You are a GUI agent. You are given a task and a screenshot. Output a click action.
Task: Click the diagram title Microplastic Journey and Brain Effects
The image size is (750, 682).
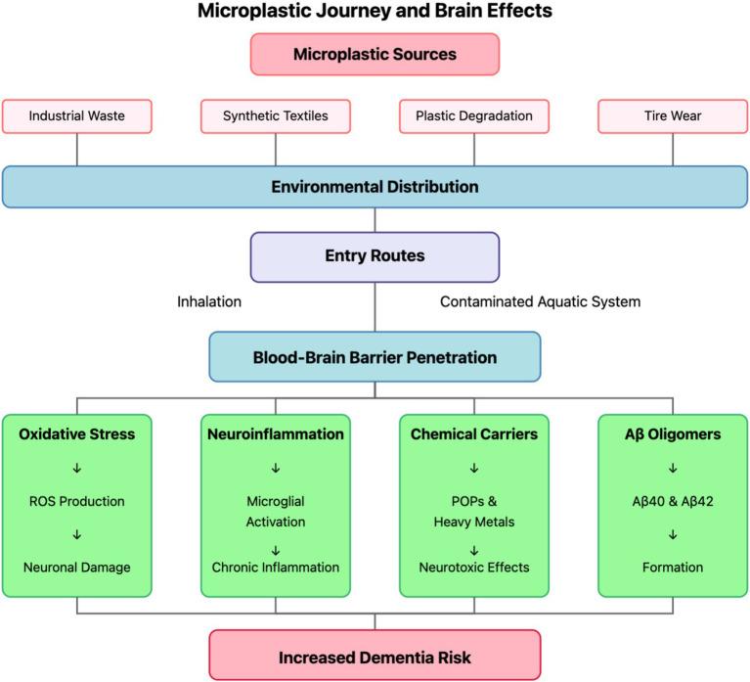coord(375,12)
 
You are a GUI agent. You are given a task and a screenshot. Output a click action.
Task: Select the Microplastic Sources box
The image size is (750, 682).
coord(375,54)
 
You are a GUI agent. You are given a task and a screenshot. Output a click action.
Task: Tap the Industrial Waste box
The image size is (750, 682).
coord(77,115)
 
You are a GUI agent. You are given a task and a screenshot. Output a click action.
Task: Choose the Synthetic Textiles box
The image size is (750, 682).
coord(276,115)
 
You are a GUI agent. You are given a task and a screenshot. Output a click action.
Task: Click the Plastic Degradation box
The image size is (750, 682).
coord(474,115)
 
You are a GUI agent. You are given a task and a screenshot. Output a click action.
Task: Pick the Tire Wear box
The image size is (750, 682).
coord(673,115)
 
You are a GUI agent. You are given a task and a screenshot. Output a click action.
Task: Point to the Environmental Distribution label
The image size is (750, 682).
coord(375,186)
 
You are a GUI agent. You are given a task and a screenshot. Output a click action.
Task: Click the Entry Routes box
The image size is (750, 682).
coord(375,256)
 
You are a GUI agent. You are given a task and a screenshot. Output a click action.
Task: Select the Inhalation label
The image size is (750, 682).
coord(209,301)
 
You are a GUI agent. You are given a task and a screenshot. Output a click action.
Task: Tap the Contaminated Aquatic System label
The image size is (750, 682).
coord(540,301)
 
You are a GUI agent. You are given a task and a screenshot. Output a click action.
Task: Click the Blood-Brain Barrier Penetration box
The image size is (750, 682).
coord(375,357)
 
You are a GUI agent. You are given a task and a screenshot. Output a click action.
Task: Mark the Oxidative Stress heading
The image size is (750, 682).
coord(77,433)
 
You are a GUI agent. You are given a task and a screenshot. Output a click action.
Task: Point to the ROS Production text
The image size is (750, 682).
coord(77,501)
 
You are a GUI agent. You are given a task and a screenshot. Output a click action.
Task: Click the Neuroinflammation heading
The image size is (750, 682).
coord(276,433)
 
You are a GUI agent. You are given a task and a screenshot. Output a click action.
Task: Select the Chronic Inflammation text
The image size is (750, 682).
coord(276,567)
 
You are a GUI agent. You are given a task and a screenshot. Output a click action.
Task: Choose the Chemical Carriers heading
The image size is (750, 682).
coord(474,433)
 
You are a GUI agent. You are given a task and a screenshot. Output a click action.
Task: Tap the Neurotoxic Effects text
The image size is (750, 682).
coord(474,567)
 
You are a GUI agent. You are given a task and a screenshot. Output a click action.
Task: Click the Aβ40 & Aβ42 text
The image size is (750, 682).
coord(673,501)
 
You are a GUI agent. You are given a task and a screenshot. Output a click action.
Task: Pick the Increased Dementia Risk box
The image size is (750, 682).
coord(375,658)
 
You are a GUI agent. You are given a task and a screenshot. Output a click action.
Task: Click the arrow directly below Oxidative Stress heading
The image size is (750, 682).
coord(77,468)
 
